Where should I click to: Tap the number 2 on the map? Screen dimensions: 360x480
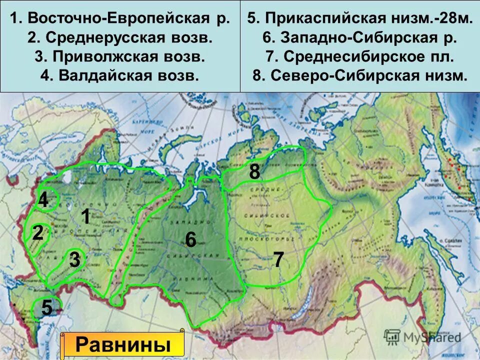pyautogui.click(x=38, y=233)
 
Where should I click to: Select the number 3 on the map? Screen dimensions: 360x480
pyautogui.click(x=74, y=260)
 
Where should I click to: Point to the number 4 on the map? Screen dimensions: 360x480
pyautogui.click(x=43, y=201)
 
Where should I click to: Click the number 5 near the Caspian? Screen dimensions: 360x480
pyautogui.click(x=46, y=307)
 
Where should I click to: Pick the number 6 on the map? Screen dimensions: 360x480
pyautogui.click(x=190, y=240)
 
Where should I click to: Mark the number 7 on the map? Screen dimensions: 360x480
pyautogui.click(x=278, y=260)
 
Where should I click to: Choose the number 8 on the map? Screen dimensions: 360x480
pyautogui.click(x=254, y=172)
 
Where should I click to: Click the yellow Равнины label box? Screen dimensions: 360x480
pyautogui.click(x=122, y=345)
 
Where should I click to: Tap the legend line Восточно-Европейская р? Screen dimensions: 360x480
pyautogui.click(x=120, y=18)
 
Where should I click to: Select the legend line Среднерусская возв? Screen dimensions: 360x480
pyautogui.click(x=120, y=37)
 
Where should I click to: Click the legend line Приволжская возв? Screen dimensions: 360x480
pyautogui.click(x=120, y=56)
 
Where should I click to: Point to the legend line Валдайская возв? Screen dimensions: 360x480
pyautogui.click(x=120, y=75)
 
